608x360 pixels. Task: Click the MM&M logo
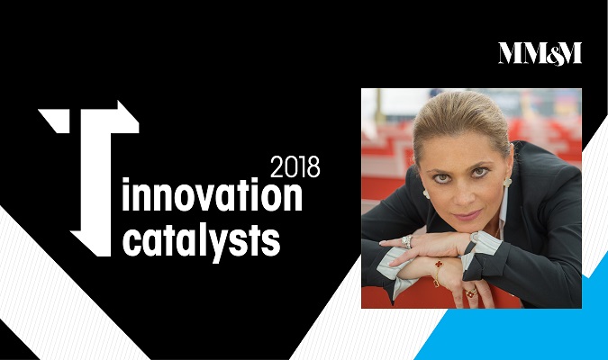coord(540,53)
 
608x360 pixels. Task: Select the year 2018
coord(295,166)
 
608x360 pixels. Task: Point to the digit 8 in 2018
coord(313,166)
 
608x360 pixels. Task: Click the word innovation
coord(212,195)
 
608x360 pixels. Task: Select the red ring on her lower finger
coord(471,292)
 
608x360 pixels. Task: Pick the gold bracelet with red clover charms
coord(438,271)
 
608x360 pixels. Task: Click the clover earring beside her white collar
coord(507,182)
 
